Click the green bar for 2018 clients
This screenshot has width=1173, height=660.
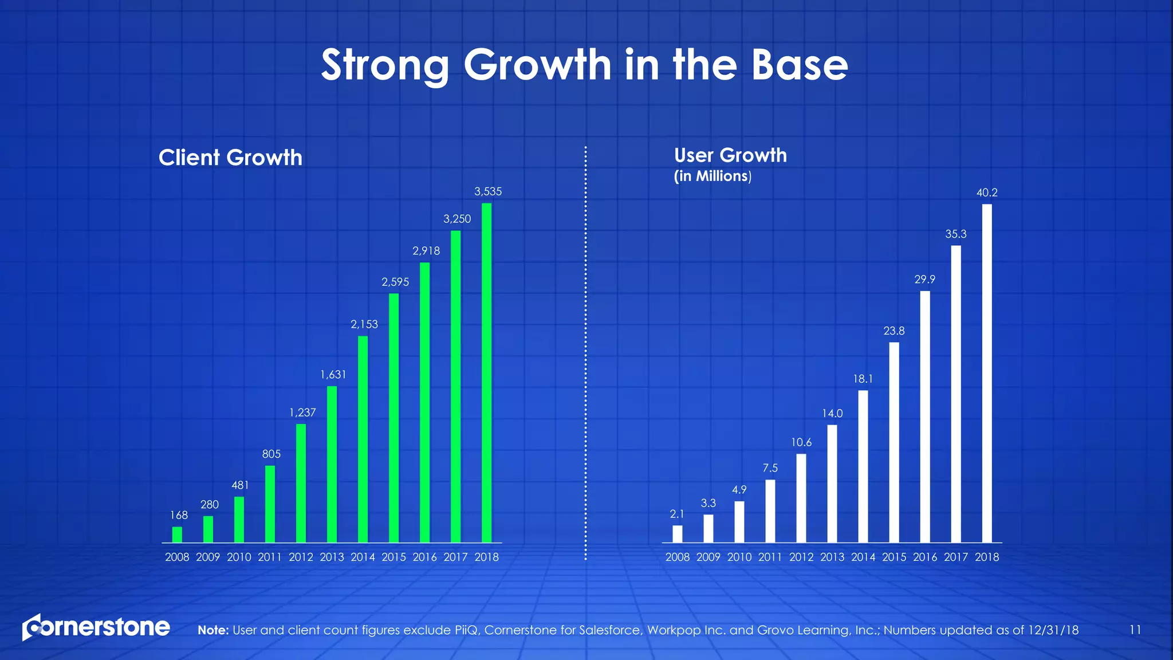486,372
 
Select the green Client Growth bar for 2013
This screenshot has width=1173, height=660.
332,464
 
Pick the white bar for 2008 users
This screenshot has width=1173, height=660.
678,534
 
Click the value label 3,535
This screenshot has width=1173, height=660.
488,192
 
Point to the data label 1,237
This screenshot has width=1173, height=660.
302,412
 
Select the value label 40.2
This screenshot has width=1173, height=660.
987,193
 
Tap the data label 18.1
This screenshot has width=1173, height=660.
863,379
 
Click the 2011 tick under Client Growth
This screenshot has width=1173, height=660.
270,557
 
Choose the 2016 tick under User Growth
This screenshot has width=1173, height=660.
925,557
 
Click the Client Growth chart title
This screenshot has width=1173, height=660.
230,158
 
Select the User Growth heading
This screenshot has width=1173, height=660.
730,155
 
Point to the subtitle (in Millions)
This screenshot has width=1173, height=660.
713,176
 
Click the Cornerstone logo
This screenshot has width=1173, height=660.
96,627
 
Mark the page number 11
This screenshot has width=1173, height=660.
1135,630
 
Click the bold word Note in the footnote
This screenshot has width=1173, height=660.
212,630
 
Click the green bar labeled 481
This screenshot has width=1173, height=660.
239,520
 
